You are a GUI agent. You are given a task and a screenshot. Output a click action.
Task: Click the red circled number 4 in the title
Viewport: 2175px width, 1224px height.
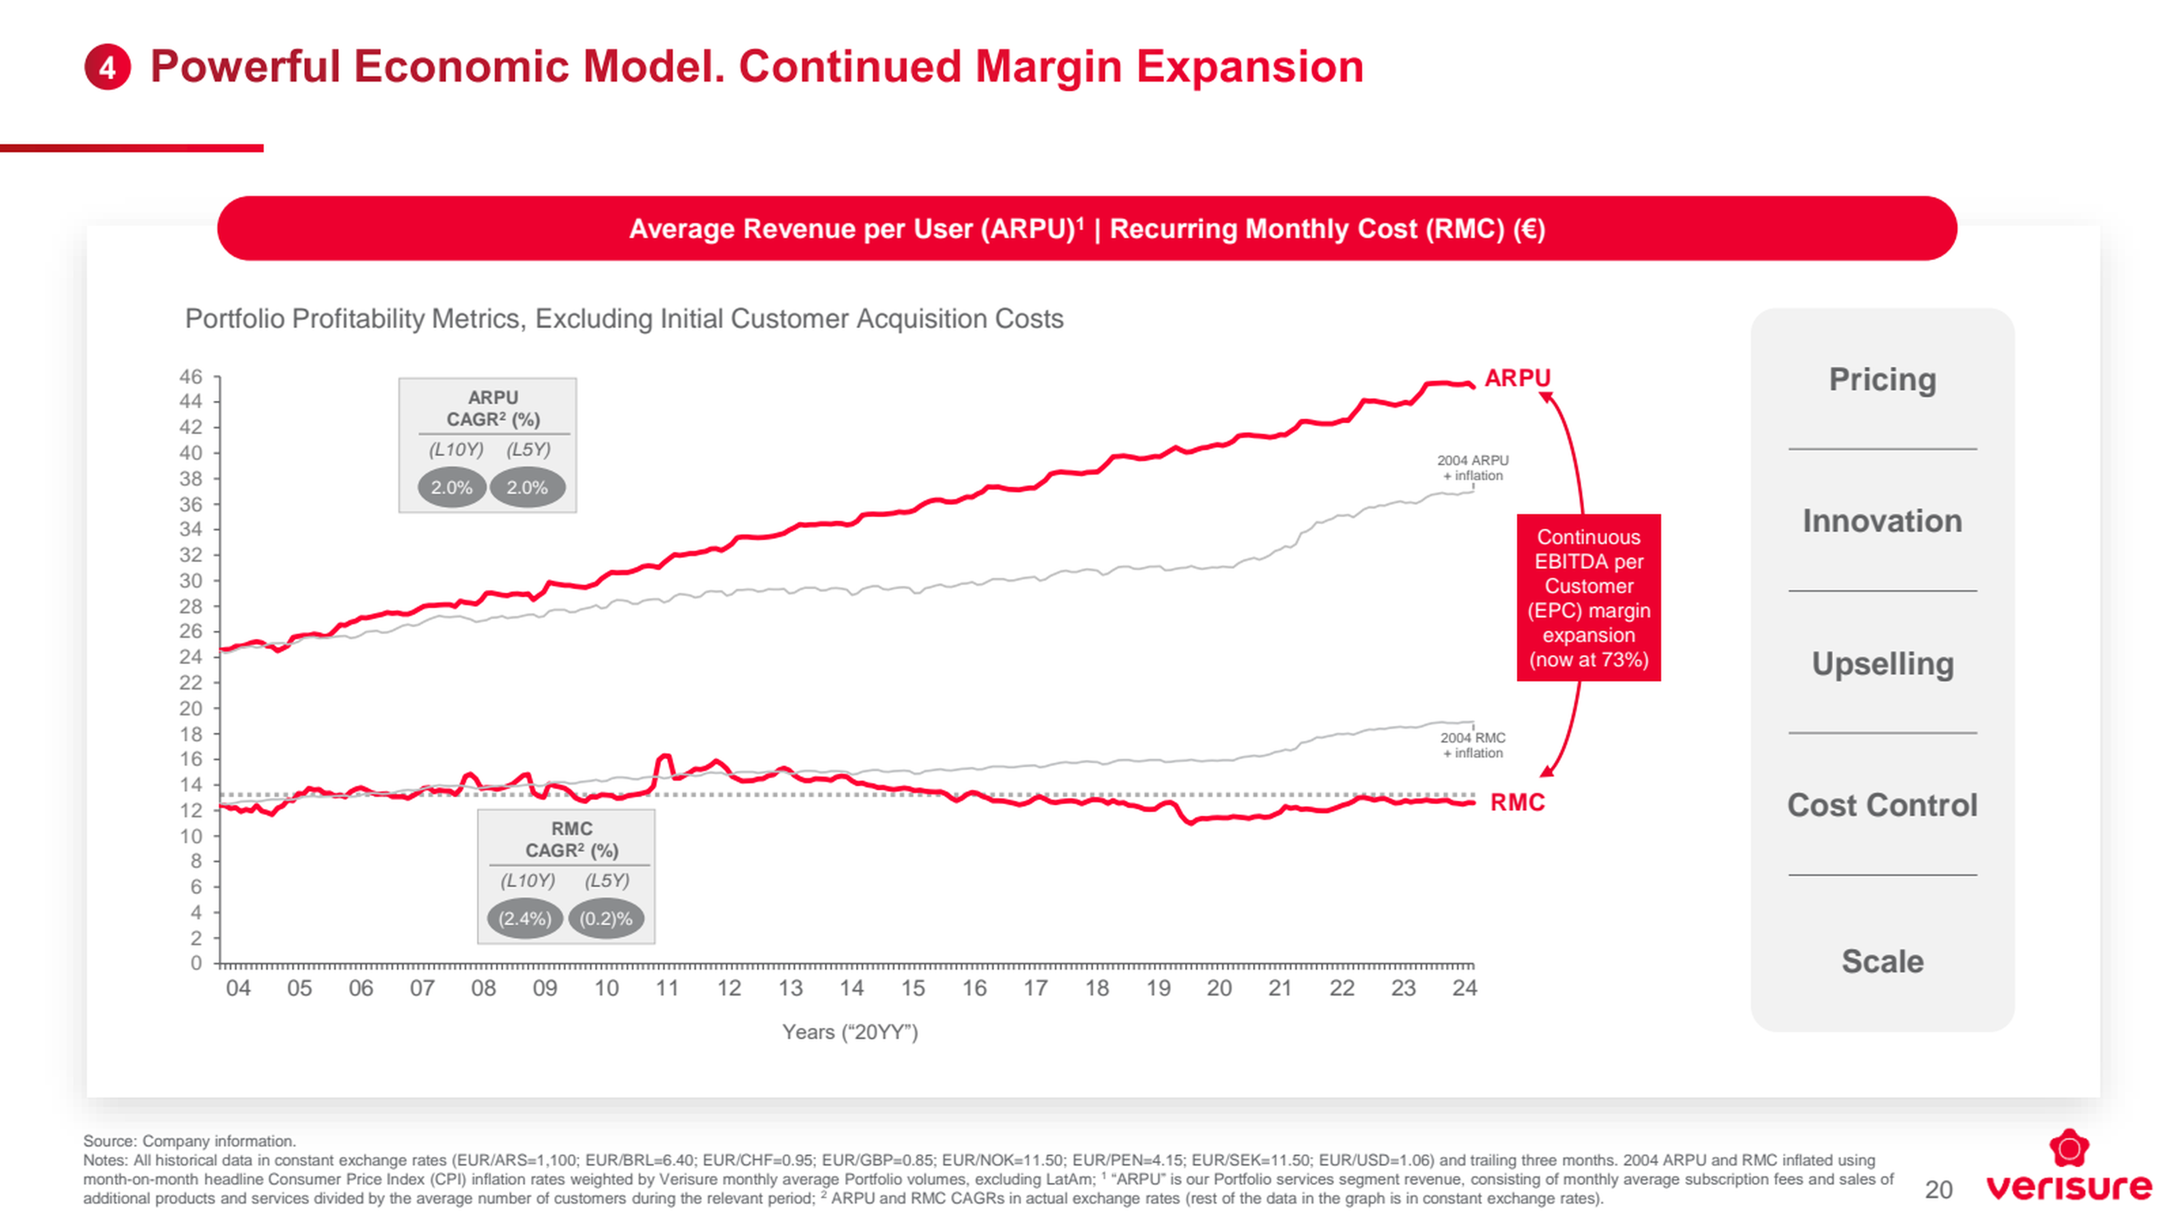pos(107,67)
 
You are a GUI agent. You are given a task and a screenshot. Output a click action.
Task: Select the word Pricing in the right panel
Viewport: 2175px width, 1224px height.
pos(1882,379)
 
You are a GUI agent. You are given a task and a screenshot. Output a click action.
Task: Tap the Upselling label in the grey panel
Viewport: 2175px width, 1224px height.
pos(1882,663)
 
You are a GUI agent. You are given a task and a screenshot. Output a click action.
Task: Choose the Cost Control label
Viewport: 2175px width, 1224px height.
pos(1882,805)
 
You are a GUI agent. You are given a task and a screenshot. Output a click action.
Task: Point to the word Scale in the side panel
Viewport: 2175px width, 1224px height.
pos(1882,961)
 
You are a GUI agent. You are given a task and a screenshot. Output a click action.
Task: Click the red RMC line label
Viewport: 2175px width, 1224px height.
pos(1517,802)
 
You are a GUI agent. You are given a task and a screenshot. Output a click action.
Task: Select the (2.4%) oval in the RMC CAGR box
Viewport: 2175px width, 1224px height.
pos(524,918)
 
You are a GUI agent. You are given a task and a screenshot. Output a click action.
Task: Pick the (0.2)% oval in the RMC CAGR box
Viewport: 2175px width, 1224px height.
pos(605,918)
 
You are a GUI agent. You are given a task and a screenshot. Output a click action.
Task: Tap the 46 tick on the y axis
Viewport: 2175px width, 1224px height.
pos(191,377)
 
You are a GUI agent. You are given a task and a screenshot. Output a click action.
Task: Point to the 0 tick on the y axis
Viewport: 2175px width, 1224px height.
pos(196,963)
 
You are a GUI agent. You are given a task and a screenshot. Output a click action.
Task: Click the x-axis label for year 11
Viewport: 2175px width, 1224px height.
pos(667,988)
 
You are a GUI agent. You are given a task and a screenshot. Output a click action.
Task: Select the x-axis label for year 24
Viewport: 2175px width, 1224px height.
pos(1464,988)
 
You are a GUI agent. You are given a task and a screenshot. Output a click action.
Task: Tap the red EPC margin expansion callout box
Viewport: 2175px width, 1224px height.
pos(1588,597)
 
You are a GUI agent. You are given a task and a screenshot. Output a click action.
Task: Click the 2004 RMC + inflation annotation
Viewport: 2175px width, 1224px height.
pos(1473,745)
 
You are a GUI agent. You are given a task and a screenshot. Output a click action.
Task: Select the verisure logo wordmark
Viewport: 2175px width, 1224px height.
pos(2069,1186)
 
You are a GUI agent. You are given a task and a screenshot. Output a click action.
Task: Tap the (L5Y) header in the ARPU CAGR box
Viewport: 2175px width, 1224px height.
pos(528,449)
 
